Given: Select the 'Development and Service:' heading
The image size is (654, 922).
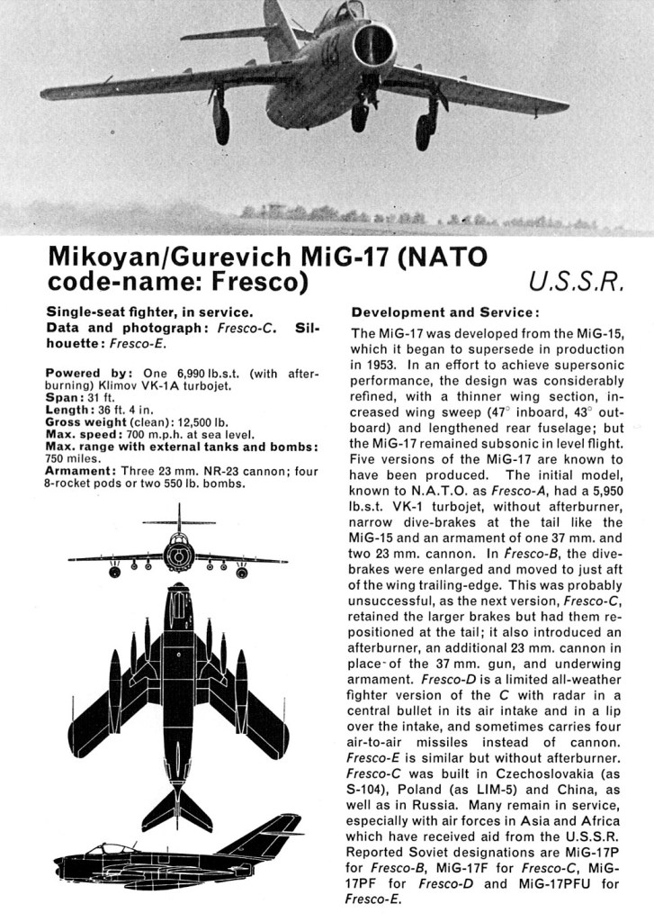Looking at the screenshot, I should click(444, 312).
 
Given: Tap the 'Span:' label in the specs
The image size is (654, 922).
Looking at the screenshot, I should click(65, 397).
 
